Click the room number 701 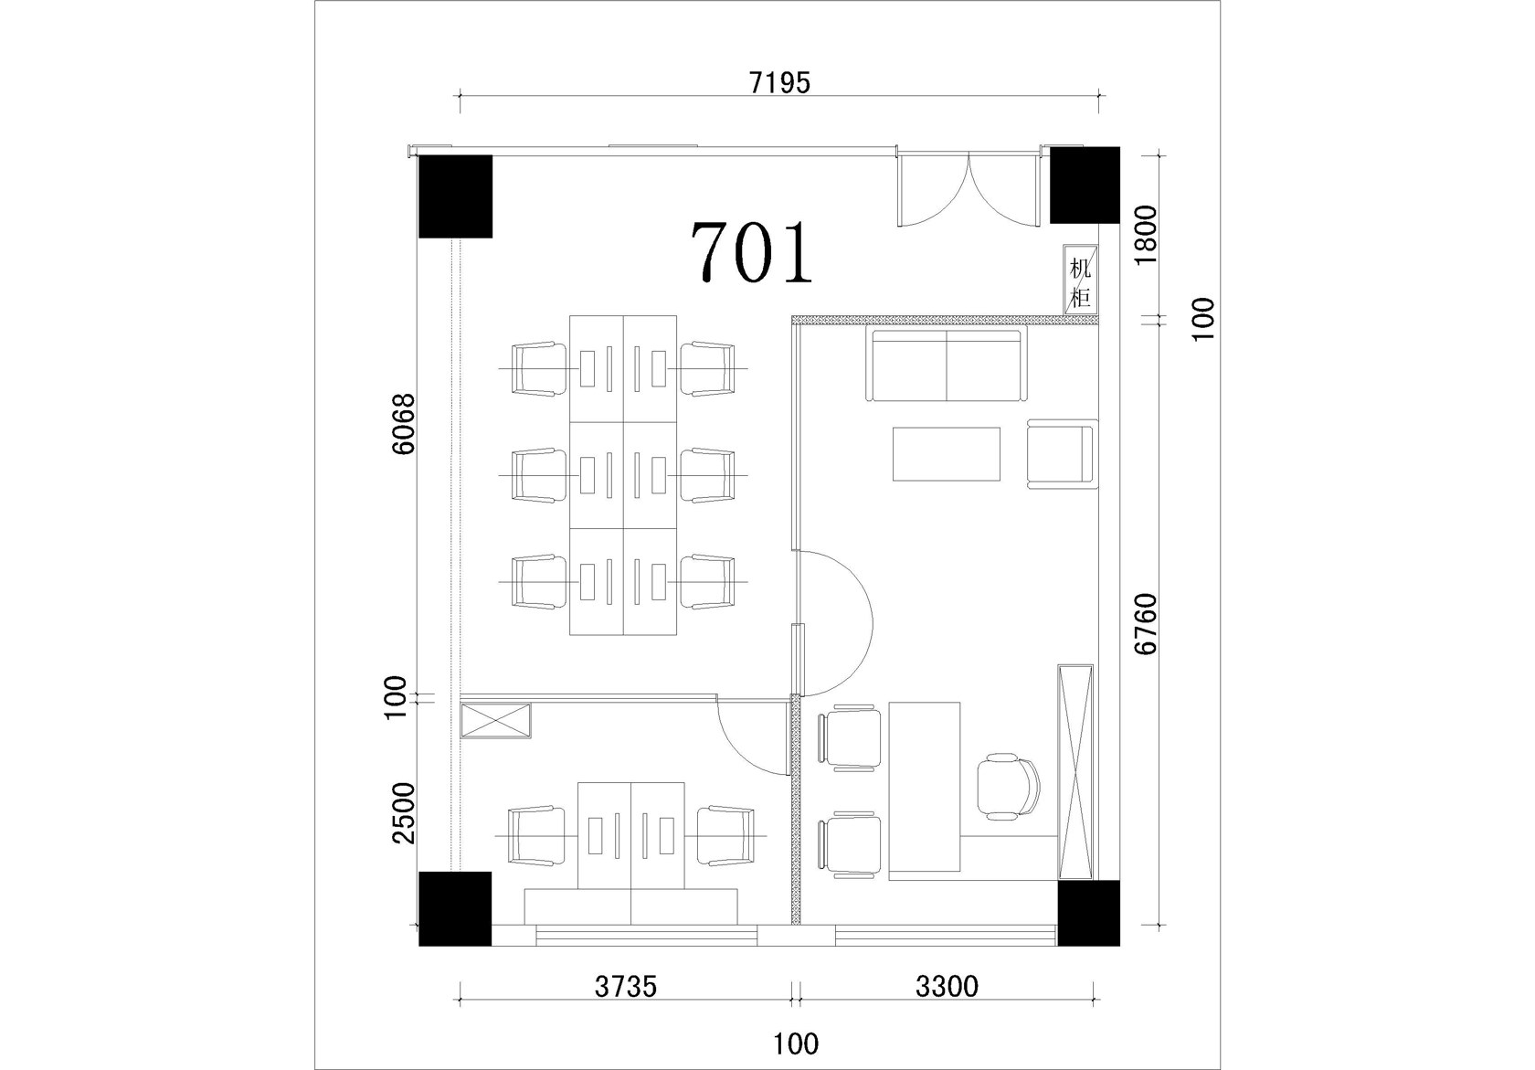[752, 252]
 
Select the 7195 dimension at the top [779, 83]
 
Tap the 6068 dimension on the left [404, 423]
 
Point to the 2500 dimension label [404, 813]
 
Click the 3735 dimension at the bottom [625, 987]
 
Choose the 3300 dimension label [947, 986]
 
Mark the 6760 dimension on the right [1145, 624]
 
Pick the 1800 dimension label [1145, 235]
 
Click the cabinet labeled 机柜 [1080, 280]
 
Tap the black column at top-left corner [456, 196]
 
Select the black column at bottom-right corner [1089, 913]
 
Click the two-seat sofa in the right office [947, 365]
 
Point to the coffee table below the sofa [947, 454]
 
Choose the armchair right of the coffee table [1062, 454]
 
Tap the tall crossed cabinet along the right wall [1075, 771]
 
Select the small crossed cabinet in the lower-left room [495, 720]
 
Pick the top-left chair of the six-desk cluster [539, 369]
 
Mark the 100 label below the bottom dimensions [796, 1044]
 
